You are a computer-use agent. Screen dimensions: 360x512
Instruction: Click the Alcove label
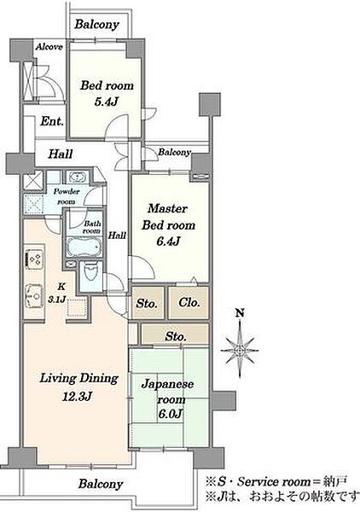click(x=49, y=47)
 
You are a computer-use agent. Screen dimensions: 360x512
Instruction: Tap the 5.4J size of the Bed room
click(x=106, y=102)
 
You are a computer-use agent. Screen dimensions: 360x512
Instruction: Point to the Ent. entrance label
click(x=52, y=121)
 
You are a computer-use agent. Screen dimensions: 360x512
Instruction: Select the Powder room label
click(x=67, y=196)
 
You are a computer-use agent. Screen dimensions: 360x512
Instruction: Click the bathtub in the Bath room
click(x=84, y=247)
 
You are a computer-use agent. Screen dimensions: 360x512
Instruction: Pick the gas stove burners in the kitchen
click(x=34, y=259)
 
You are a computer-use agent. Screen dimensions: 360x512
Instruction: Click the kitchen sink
click(x=34, y=296)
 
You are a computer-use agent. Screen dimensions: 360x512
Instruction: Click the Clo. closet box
click(x=189, y=302)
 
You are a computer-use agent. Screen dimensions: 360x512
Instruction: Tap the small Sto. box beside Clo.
click(x=148, y=303)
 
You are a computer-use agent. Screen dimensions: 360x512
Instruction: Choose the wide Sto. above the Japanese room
click(x=175, y=335)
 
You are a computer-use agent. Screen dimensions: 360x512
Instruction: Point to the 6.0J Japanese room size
click(x=170, y=414)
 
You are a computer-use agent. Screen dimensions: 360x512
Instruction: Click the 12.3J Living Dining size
click(x=78, y=397)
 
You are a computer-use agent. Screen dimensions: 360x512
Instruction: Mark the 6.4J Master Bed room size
click(x=168, y=241)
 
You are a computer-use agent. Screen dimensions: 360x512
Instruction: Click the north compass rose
click(x=240, y=350)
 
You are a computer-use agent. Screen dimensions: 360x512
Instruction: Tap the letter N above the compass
click(x=240, y=313)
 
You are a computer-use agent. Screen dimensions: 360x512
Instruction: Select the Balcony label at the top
click(x=96, y=25)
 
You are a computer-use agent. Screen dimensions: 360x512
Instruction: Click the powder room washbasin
click(x=77, y=177)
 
